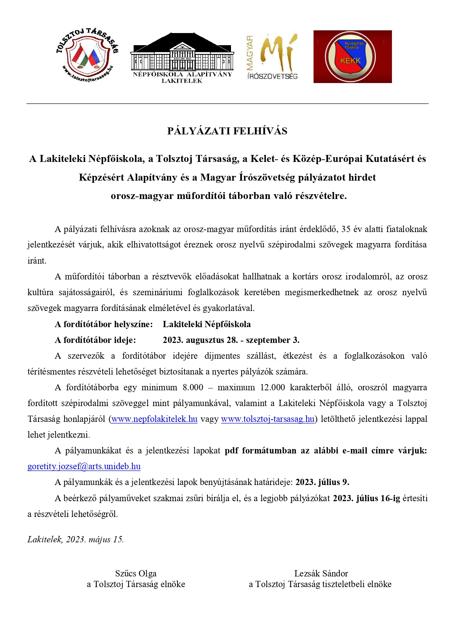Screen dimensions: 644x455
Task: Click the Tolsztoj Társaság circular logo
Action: [87, 55]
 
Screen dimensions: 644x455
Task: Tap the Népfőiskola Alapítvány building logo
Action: [182, 57]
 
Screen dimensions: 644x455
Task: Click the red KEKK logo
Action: [352, 57]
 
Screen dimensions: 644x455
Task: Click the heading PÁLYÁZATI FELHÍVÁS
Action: [227, 131]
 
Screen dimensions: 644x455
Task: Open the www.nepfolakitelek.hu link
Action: [154, 419]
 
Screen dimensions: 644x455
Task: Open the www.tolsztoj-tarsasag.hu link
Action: [268, 419]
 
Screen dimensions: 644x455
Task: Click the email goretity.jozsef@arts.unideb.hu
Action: [84, 466]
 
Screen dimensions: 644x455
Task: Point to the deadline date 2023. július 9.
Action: [322, 482]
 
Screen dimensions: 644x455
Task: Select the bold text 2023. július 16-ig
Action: [366, 498]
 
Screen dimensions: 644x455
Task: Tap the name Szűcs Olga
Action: [136, 574]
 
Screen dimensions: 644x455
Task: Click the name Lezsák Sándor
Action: [321, 574]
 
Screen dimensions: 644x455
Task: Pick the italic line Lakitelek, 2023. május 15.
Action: [76, 539]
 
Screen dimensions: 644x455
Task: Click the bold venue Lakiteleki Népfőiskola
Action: [207, 324]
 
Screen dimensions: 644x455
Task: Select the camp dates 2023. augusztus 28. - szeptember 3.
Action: [231, 340]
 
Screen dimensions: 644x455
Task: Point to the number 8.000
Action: [193, 387]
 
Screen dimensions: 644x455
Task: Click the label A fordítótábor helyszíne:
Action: [104, 324]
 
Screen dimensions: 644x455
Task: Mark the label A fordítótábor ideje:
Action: [95, 340]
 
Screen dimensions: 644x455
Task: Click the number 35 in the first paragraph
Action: [346, 229]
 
